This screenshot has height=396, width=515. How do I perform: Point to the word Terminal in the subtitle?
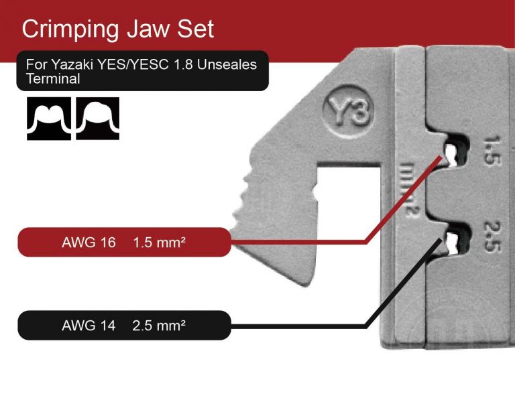[x=53, y=78]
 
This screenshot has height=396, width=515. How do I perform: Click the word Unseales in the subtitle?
[x=230, y=65]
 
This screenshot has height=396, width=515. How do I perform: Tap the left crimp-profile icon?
[x=48, y=119]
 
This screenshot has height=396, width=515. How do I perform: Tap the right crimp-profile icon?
[x=97, y=119]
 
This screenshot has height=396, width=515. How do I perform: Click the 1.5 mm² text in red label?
[x=159, y=241]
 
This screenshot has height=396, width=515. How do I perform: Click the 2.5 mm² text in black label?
[x=159, y=326]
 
